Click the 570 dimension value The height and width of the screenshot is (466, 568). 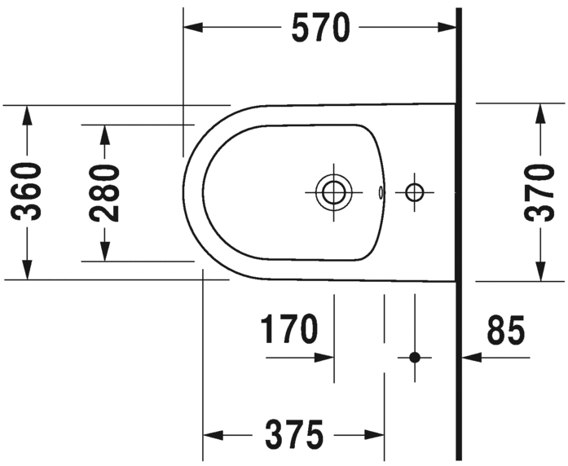tap(320, 29)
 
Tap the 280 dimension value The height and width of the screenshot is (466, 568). tap(104, 192)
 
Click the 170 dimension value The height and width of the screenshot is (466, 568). tap(288, 331)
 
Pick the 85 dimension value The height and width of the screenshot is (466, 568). tap(506, 331)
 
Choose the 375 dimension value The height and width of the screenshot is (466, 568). tap(293, 434)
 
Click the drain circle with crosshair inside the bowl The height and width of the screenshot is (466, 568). tap(332, 192)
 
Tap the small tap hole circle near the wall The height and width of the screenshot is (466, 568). tap(415, 192)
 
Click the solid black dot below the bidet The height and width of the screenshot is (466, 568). tap(415, 357)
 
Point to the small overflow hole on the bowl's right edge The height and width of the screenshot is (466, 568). tap(381, 193)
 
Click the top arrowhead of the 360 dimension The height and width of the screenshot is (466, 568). tap(28, 114)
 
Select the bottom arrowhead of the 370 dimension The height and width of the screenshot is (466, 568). tap(539, 270)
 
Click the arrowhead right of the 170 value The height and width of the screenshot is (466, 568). tap(325, 357)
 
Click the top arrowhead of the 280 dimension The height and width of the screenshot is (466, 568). tap(104, 134)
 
